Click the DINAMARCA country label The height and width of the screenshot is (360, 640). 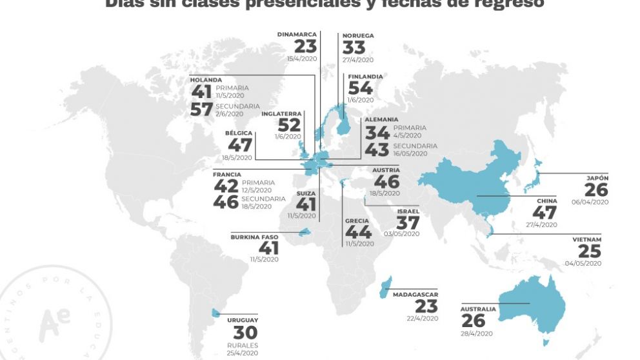[x=297, y=34]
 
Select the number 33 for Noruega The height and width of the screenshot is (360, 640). [x=354, y=48]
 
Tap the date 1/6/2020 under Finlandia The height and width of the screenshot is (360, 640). [x=361, y=100]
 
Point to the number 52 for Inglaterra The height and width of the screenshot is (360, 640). [x=289, y=125]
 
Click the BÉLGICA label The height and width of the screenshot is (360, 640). [x=239, y=132]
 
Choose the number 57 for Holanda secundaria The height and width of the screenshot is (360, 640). [x=202, y=110]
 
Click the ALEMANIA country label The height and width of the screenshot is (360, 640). [x=381, y=120]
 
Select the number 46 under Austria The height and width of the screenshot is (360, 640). [x=386, y=182]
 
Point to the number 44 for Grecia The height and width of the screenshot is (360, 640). [x=358, y=232]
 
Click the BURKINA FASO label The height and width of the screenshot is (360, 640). [x=254, y=237]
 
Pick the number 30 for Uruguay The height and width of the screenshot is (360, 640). [x=245, y=333]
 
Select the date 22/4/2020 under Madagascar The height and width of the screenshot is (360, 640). [x=422, y=318]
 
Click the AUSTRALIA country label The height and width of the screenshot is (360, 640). [x=478, y=309]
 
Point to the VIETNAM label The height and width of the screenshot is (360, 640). [x=586, y=239]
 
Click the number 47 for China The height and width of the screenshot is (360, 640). [x=544, y=213]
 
